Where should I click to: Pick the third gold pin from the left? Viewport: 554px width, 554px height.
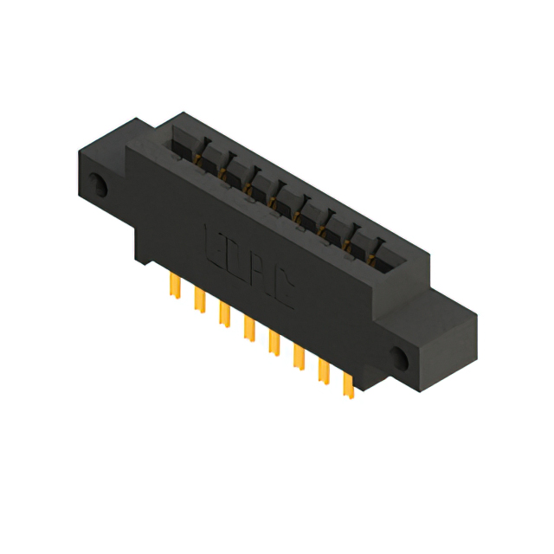tap(225, 314)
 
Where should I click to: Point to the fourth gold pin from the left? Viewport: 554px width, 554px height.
tap(249, 329)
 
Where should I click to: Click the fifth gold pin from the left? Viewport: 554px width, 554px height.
tap(274, 343)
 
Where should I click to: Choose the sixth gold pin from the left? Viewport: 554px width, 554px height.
tap(300, 358)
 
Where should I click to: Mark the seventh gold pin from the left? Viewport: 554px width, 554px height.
tap(325, 371)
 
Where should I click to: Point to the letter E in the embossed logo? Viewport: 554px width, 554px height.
tap(214, 246)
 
